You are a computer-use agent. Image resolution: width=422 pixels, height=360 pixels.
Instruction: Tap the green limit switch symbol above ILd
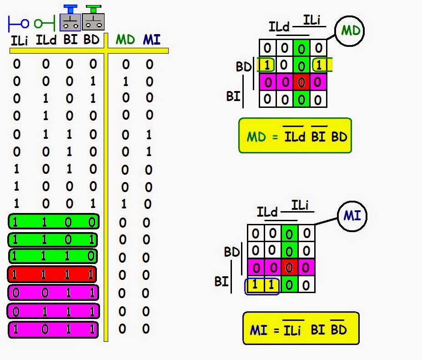point(45,22)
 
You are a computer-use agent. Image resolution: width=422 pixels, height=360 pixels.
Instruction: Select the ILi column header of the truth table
point(19,41)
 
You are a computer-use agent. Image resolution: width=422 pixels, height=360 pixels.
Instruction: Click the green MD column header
point(125,40)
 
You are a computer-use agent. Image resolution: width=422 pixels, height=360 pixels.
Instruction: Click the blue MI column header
point(151,40)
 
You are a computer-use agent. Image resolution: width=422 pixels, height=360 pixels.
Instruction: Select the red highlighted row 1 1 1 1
point(52,274)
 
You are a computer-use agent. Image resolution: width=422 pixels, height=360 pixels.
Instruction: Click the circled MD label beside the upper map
point(350,31)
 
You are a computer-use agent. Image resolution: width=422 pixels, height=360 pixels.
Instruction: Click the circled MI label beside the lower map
point(352,215)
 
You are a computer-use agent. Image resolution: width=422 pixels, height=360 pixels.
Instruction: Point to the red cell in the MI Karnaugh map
point(289,267)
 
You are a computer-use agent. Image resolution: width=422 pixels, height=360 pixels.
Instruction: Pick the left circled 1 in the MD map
point(267,66)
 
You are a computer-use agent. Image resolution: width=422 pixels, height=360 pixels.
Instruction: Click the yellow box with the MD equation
point(295,136)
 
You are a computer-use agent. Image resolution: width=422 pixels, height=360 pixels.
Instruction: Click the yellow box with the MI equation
point(301,329)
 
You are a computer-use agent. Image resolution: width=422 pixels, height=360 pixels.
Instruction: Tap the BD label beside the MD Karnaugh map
point(243,67)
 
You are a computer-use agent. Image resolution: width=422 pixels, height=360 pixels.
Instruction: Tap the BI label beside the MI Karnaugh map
point(221,282)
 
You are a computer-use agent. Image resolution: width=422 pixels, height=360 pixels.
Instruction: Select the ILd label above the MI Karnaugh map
point(267,212)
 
